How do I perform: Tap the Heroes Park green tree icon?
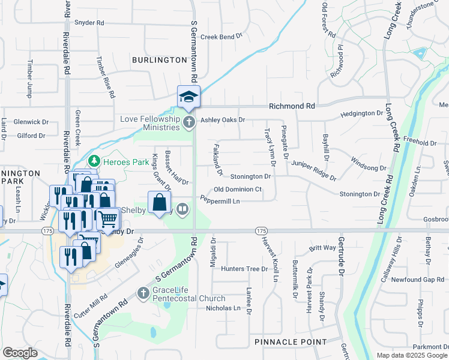click(94, 161)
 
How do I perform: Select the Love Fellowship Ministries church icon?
click(189, 123)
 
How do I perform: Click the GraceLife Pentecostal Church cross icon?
click(143, 293)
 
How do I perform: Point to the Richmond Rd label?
click(292, 106)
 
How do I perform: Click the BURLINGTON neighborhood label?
click(160, 60)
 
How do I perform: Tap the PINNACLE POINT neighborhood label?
click(291, 341)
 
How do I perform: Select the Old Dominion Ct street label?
click(238, 189)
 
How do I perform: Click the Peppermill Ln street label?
click(220, 200)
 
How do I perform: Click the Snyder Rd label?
click(89, 23)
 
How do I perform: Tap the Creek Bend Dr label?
click(221, 37)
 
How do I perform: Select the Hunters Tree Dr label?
click(244, 269)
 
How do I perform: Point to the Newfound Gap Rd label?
click(418, 280)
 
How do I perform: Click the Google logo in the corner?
click(20, 353)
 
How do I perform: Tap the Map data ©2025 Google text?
click(411, 355)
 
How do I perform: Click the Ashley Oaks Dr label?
click(223, 119)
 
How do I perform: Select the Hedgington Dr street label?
click(361, 113)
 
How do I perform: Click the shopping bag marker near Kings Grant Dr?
click(160, 203)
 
